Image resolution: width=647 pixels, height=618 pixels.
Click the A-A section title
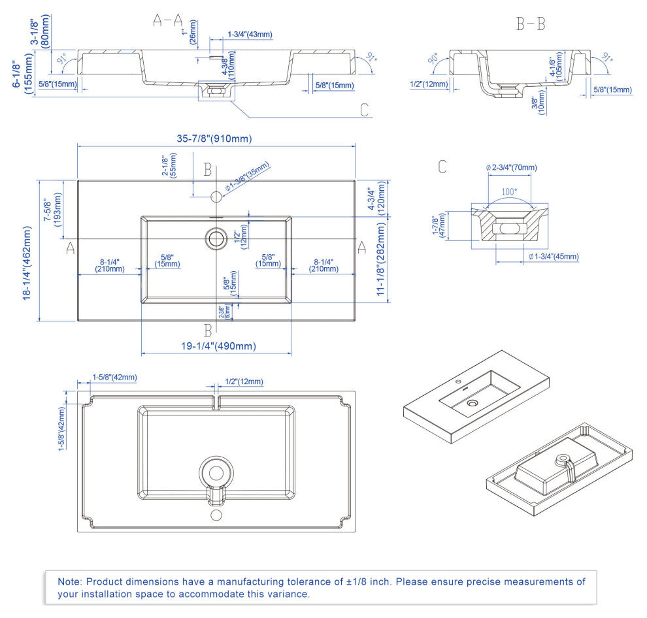tap(168, 21)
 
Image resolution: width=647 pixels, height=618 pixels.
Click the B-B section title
tap(530, 24)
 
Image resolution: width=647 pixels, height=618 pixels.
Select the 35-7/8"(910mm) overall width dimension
tap(214, 138)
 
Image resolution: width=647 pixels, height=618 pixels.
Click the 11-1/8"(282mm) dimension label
tap(381, 258)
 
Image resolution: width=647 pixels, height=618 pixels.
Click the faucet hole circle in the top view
tap(217, 196)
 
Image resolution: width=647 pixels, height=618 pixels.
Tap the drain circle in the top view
tap(214, 238)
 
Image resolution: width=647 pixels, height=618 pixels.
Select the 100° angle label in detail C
tap(510, 191)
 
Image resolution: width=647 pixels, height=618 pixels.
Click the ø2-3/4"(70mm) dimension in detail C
tap(512, 168)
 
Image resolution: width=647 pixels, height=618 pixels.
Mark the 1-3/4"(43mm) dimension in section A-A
tap(250, 34)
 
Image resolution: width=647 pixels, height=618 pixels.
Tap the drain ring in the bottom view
tap(215, 470)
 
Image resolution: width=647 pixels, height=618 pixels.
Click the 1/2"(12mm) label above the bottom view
tap(243, 382)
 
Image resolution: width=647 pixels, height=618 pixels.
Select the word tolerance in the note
tap(312, 581)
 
